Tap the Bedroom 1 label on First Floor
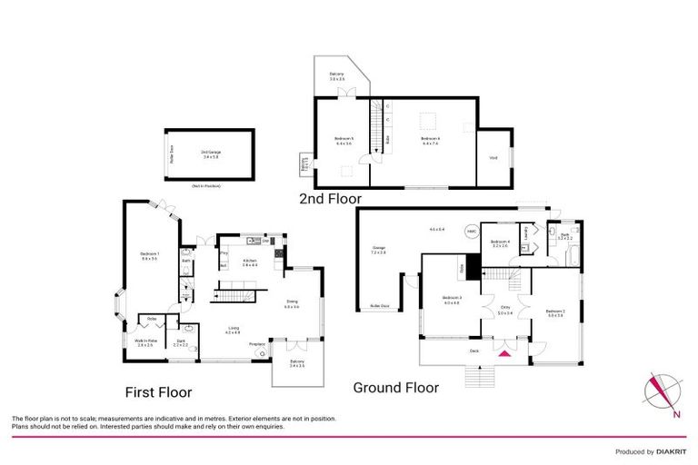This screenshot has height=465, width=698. click(x=150, y=255)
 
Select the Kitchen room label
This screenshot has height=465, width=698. click(x=250, y=263)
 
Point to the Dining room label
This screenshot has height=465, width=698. click(x=292, y=307)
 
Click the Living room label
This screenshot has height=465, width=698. click(x=234, y=330)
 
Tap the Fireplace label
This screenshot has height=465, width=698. click(x=257, y=343)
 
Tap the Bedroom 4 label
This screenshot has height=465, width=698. click(x=501, y=242)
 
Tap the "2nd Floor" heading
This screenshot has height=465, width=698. click(x=331, y=198)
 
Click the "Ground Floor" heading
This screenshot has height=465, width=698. click(x=396, y=388)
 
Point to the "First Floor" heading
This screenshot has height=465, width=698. click(x=158, y=392)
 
